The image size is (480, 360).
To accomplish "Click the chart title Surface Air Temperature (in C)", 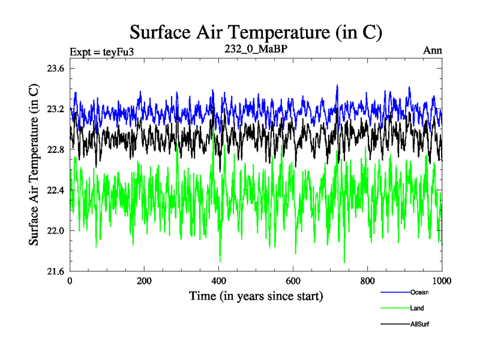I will tap(256, 32).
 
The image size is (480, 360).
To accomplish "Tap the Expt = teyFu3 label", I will tap(101, 51).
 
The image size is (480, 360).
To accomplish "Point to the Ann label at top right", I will tap(433, 50).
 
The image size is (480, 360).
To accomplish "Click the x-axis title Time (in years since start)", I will tap(256, 296).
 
